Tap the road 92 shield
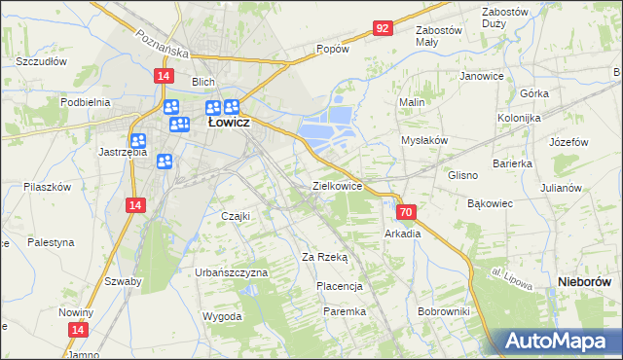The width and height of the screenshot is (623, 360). pyautogui.click(x=382, y=28)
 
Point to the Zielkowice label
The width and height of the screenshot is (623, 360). pyautogui.click(x=337, y=185)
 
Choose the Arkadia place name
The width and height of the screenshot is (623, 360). pyautogui.click(x=403, y=234)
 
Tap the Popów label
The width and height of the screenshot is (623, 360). pyautogui.click(x=332, y=48)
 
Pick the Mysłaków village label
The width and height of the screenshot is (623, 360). pyautogui.click(x=424, y=140)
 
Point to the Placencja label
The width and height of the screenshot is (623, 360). pyautogui.click(x=340, y=286)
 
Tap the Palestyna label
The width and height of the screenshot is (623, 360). pyautogui.click(x=51, y=241)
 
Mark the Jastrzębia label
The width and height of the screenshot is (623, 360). pyautogui.click(x=123, y=152)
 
